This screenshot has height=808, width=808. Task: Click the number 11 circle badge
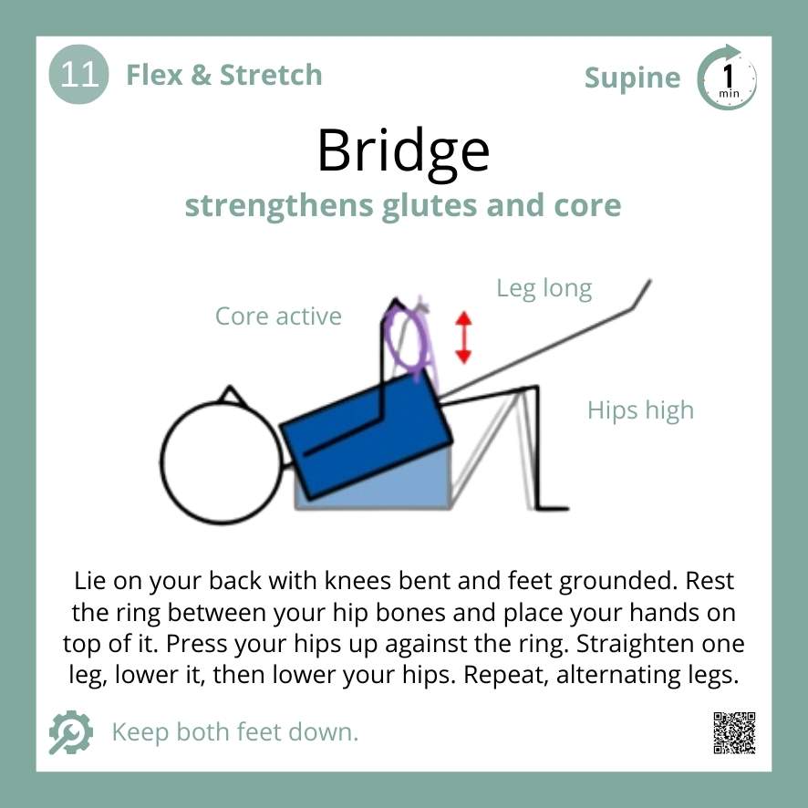click(x=78, y=75)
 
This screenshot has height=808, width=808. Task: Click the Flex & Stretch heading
click(x=223, y=75)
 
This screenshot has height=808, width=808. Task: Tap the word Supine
click(x=632, y=78)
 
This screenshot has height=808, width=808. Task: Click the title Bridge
click(x=403, y=150)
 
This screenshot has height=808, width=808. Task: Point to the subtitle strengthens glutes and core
click(x=403, y=205)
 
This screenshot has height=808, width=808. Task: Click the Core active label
click(x=278, y=316)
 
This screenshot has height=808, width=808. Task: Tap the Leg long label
click(x=544, y=289)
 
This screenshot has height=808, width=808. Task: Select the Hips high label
click(x=640, y=410)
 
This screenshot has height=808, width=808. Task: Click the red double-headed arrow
click(x=464, y=337)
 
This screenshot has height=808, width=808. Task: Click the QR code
click(x=734, y=732)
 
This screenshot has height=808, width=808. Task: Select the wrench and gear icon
click(x=70, y=732)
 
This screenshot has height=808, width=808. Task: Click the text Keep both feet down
click(x=234, y=731)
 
